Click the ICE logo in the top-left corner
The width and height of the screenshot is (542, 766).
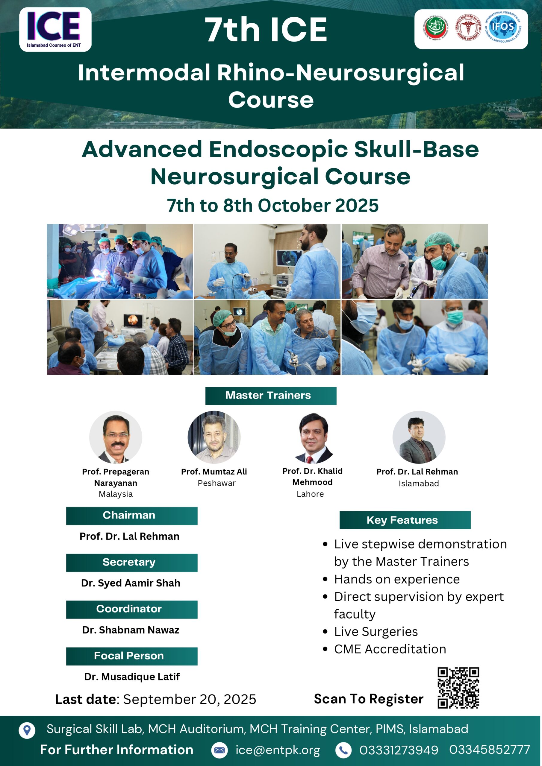[55, 29]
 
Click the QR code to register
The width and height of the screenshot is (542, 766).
[458, 688]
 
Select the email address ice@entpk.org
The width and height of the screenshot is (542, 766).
[278, 750]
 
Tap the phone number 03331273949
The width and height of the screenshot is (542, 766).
[399, 750]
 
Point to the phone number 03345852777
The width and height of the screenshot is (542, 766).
[490, 749]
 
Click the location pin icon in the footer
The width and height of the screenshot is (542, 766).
[27, 730]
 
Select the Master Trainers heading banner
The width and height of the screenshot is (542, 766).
[271, 396]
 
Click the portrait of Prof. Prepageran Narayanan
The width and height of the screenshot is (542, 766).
[116, 437]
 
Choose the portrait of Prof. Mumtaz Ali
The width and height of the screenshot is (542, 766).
[214, 437]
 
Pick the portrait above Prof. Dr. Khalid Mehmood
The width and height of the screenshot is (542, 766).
[313, 438]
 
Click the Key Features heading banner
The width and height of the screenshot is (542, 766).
[405, 520]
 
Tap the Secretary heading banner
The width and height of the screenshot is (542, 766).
[131, 563]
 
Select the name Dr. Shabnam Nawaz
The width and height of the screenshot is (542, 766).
[131, 630]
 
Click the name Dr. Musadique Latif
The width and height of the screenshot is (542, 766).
[132, 677]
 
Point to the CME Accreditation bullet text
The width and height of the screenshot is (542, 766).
[390, 649]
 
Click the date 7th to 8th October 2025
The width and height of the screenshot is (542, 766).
[273, 205]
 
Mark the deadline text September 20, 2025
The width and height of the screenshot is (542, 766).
[190, 699]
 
